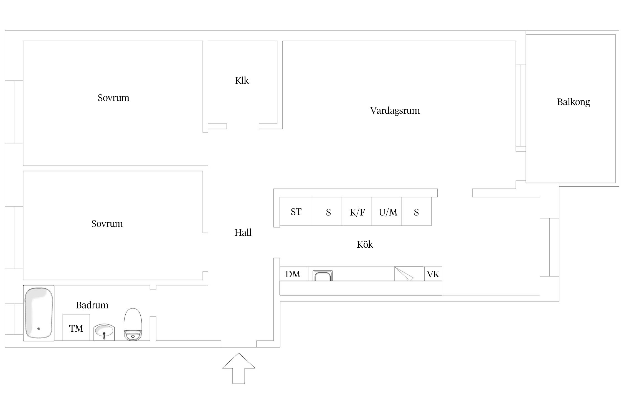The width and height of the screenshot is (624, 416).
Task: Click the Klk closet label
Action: [242, 81]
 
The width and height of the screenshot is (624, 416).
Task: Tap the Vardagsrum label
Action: [395, 111]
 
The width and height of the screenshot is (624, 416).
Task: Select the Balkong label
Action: [573, 102]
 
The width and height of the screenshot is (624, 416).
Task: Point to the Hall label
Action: [243, 232]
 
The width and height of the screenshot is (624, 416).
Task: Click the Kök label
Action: [365, 244]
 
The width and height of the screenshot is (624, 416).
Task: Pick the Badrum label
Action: [92, 305]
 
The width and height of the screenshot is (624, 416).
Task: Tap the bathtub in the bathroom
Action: [39, 313]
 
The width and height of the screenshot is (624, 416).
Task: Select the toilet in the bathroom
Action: [133, 324]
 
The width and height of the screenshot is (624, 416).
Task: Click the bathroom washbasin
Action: [104, 331]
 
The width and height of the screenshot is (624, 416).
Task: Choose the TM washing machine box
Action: [76, 328]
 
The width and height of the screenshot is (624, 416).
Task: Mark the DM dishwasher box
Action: [293, 274]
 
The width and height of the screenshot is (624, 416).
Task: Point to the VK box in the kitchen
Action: [433, 274]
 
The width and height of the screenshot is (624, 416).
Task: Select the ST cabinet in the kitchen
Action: [296, 212]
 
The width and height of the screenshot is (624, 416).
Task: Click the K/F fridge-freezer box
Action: [357, 212]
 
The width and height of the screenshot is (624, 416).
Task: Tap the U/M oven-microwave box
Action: [387, 212]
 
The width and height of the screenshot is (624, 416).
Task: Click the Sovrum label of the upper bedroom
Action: [113, 98]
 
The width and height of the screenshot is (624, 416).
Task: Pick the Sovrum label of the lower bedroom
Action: [107, 224]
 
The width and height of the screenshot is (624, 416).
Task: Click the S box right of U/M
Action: [416, 212]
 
